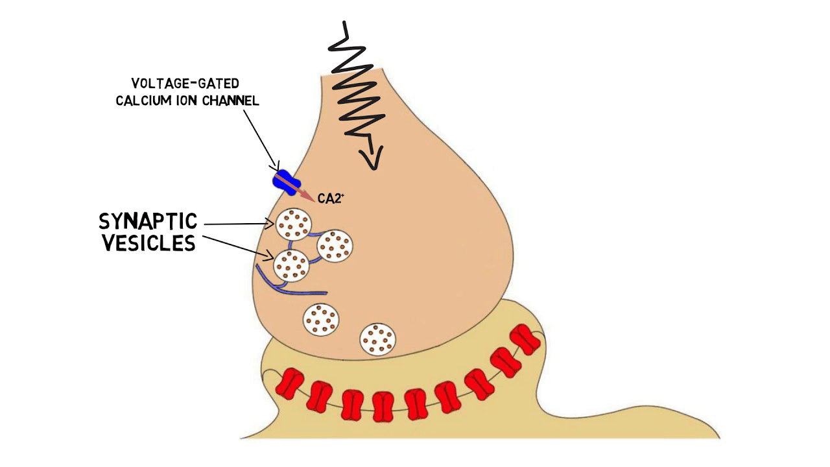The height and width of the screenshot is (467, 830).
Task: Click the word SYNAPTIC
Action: pos(148,222)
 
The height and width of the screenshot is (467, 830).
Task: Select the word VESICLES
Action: pos(148,243)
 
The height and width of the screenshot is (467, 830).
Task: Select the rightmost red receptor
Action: pos(525,339)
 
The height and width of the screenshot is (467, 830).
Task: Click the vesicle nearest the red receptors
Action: pos(378,339)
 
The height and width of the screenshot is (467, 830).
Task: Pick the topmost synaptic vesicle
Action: pos(294,224)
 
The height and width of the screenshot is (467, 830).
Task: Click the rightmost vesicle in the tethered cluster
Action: pos(335,246)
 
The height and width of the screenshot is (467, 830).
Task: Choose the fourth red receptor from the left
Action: pos(383,407)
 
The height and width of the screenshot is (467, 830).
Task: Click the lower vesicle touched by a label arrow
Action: pos(291,265)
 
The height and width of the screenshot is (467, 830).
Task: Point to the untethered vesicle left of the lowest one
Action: pos(321,318)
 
